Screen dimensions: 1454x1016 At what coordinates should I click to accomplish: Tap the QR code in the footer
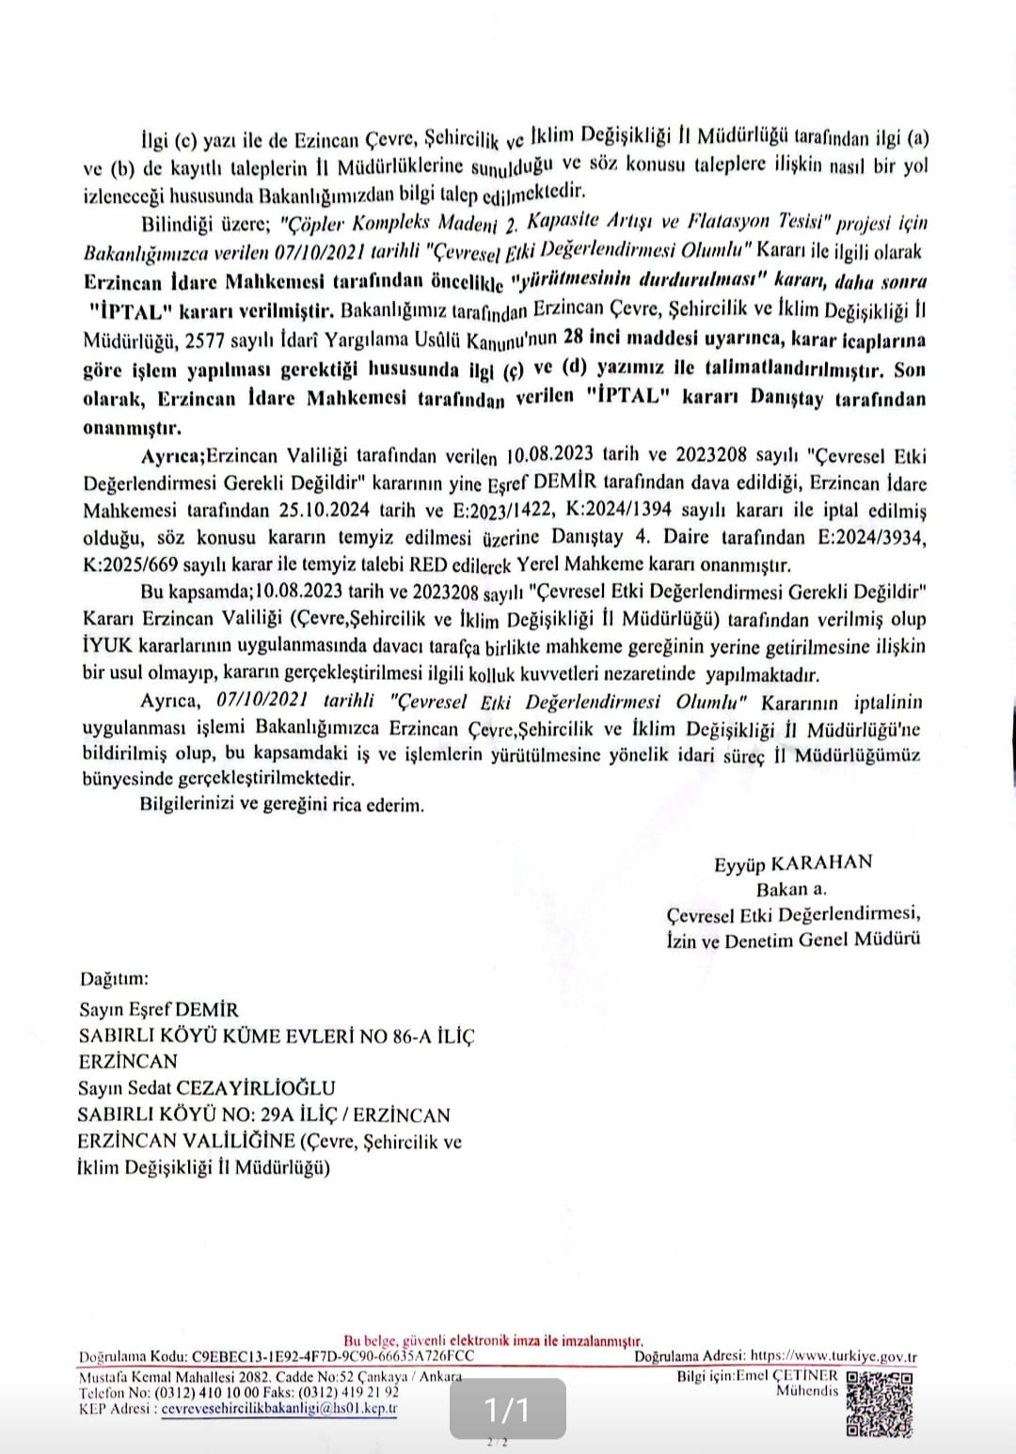click(881, 1404)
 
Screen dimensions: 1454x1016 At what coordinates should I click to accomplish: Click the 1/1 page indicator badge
click(507, 1409)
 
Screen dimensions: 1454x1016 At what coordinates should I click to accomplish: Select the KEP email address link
click(278, 1409)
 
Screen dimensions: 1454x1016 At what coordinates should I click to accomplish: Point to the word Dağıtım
click(114, 978)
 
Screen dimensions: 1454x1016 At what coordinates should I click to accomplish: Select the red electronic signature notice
click(494, 1341)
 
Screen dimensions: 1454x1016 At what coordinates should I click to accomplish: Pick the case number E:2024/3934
click(857, 538)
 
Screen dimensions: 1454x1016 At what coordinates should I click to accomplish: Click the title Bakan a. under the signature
click(791, 889)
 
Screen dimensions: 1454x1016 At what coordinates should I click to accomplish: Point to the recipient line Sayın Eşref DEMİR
click(159, 1010)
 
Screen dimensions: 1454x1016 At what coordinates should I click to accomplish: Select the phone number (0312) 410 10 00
click(206, 1392)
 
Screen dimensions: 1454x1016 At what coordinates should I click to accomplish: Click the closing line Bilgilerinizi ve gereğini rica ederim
click(281, 805)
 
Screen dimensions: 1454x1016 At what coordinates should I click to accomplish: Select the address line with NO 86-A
click(277, 1035)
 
